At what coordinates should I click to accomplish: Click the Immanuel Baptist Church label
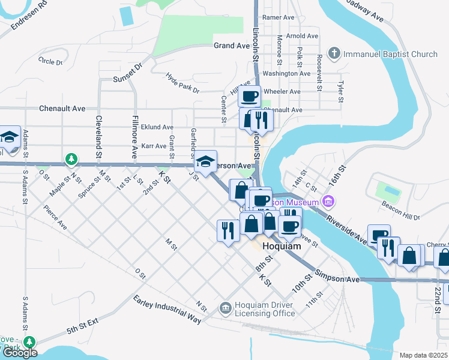(x=390, y=55)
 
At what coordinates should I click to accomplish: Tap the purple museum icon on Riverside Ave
(x=328, y=200)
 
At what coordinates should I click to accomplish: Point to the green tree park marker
(x=71, y=159)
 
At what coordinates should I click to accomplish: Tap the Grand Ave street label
(x=231, y=46)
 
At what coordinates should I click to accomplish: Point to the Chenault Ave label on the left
(x=62, y=109)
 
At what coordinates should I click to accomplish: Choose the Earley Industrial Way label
(x=167, y=309)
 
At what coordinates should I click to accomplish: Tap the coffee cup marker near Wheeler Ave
(x=249, y=95)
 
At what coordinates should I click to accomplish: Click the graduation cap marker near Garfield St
(x=205, y=161)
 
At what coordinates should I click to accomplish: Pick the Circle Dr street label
(x=50, y=61)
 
